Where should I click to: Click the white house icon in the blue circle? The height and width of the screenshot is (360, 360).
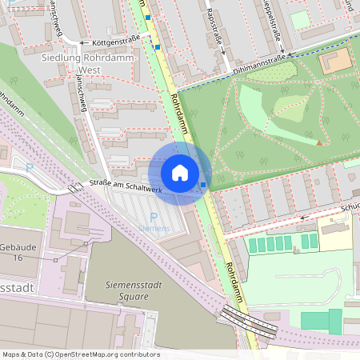pos(180,173)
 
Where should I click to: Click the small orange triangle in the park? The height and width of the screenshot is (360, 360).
pos(320,143)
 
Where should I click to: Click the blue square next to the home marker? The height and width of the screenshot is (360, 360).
pos(203,185)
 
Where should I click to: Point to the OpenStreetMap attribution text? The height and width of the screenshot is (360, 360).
pos(81,354)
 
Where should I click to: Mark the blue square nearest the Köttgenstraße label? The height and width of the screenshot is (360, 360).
pos(158,47)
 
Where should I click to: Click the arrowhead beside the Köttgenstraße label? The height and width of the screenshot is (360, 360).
pos(83,41)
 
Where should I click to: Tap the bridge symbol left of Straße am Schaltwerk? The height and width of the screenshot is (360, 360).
pos(74,188)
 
